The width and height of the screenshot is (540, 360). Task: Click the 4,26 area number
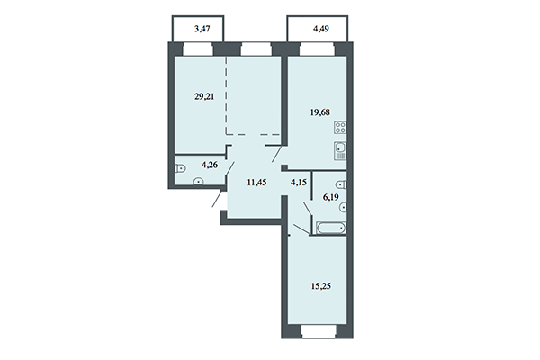(x=210, y=165)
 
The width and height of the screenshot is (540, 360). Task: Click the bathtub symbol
(x=328, y=229)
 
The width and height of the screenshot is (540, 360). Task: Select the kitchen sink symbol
(x=339, y=150)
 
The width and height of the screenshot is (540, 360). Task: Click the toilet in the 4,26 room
(x=179, y=166)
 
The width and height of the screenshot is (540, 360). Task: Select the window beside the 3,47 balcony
(x=196, y=50)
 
